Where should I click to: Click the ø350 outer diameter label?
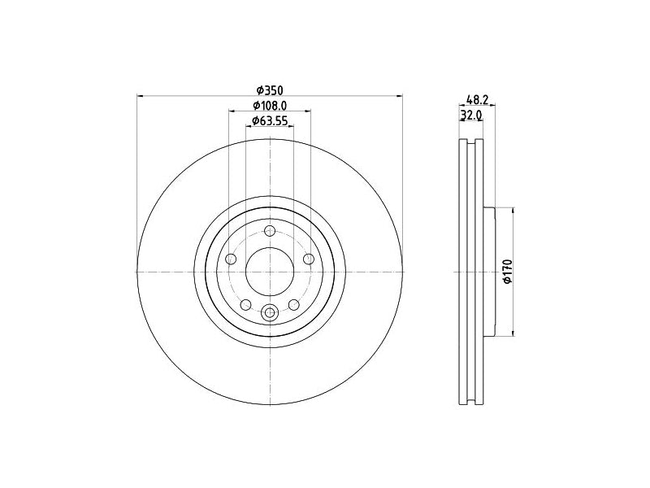click(270, 89)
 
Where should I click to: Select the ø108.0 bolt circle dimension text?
click(270, 106)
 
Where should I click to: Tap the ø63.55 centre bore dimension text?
click(270, 120)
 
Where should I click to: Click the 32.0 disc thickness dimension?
click(471, 115)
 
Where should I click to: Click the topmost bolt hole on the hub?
click(270, 231)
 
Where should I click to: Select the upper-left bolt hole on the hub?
click(231, 259)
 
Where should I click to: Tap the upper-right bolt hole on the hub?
click(309, 259)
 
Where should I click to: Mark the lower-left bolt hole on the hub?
click(246, 305)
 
